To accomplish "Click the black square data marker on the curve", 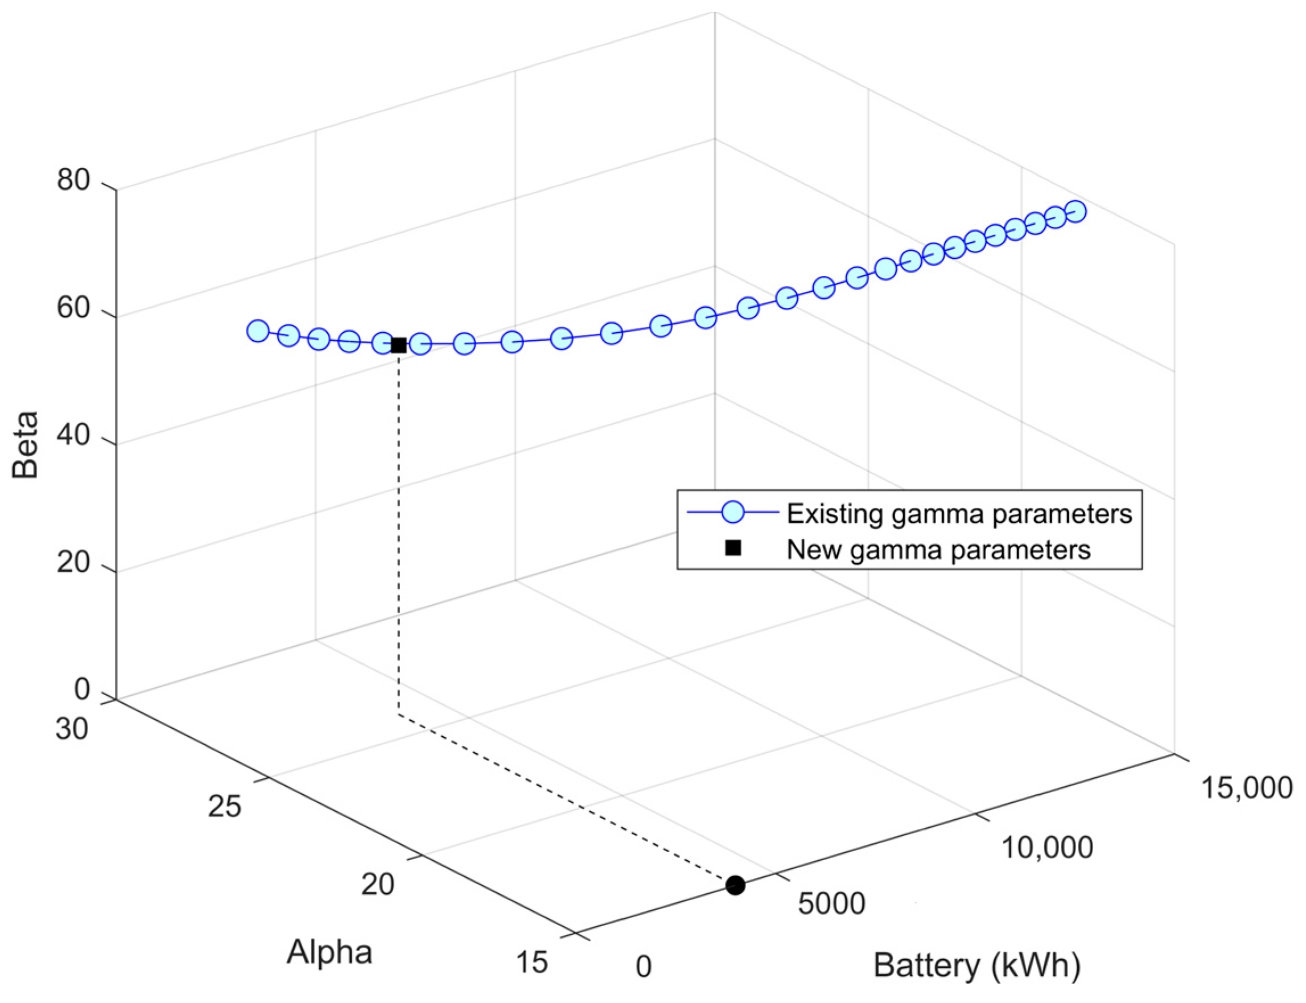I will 398,345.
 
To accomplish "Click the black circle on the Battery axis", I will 735,885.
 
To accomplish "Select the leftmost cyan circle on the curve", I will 258,330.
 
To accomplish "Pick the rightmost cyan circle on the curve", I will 1076,211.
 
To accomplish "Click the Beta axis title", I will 25,444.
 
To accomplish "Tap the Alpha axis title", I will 329,952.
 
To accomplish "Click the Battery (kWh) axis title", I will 977,965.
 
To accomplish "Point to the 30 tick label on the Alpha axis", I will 72,729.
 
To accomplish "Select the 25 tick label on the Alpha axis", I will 225,807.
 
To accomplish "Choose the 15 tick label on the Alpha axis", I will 531,963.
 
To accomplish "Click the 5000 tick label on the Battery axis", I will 831,903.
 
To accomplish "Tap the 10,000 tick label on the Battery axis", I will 1047,847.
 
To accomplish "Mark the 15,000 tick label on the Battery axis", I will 1246,787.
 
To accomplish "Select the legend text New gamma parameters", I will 938,549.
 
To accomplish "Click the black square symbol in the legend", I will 733,548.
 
